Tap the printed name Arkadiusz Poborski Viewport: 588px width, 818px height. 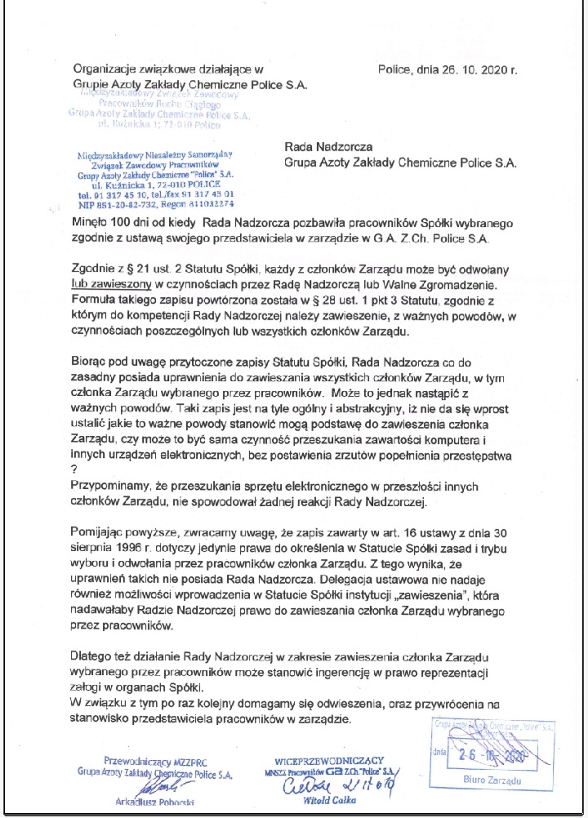coord(156,802)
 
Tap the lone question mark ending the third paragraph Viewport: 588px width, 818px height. coord(74,469)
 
